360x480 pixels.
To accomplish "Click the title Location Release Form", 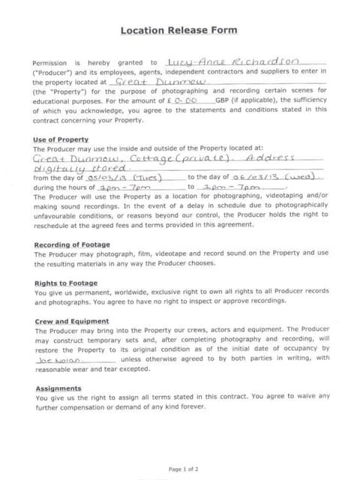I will click(x=179, y=31).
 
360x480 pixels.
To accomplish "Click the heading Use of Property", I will click(x=61, y=139).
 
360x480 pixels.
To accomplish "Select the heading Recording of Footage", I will click(x=72, y=244).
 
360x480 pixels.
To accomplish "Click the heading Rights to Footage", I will click(x=65, y=283).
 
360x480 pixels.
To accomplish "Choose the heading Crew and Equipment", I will click(x=71, y=320).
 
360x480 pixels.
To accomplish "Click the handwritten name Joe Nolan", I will click(x=53, y=359).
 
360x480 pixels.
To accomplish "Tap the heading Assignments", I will click(x=58, y=388).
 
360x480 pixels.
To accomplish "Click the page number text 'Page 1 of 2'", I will click(x=184, y=469).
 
